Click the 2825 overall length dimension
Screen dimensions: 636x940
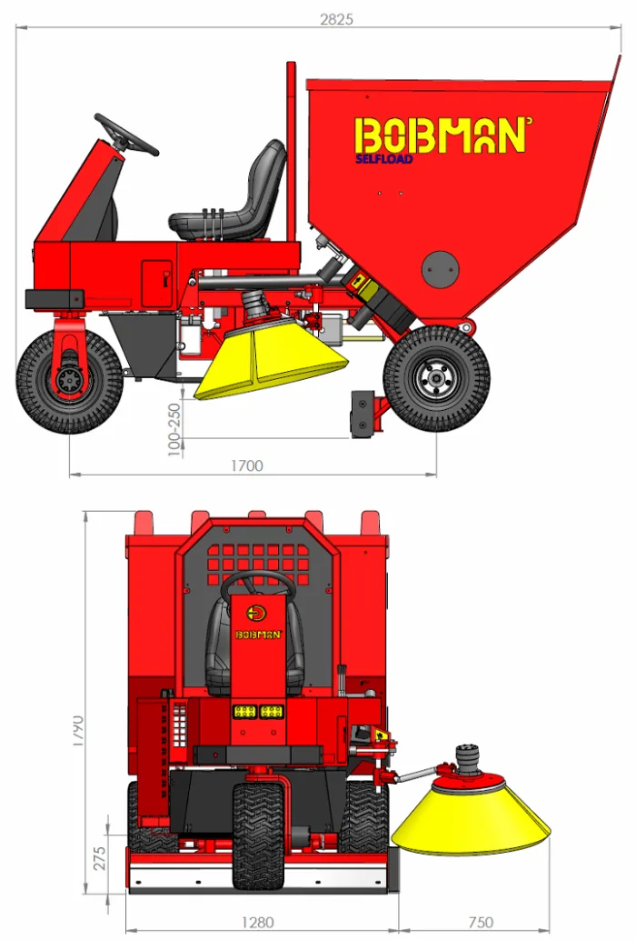point(336,19)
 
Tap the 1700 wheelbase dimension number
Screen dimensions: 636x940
point(247,465)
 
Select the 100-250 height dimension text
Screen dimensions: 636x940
point(174,429)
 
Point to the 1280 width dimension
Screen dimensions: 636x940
point(257,922)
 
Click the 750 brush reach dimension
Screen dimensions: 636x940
point(481,922)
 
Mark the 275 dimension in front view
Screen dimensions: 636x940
point(99,858)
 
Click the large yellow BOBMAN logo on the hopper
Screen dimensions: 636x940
point(442,135)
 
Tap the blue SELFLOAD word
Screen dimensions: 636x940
point(384,159)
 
